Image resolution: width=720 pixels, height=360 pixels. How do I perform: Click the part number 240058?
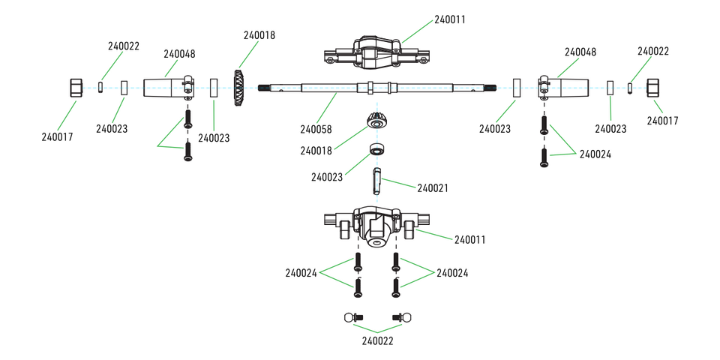316,130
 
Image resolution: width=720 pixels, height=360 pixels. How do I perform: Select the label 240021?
432,187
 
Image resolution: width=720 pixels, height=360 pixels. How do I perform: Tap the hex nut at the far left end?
76,88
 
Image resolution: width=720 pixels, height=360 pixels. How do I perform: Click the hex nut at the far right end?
652,88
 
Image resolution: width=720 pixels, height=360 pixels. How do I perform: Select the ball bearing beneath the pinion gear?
377,147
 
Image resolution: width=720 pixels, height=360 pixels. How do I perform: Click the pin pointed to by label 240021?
377,181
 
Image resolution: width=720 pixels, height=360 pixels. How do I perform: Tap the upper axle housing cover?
376,50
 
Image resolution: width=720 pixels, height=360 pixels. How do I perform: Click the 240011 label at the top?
450,19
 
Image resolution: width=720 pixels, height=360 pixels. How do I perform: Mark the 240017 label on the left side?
58,136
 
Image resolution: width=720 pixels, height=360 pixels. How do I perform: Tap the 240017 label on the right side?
662,120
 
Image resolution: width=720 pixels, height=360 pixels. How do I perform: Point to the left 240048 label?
180,54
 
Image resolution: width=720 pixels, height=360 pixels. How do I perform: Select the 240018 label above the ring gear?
259,35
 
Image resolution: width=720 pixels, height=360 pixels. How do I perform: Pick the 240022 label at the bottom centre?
377,341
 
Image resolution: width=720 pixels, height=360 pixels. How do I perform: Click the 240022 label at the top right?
653,51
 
